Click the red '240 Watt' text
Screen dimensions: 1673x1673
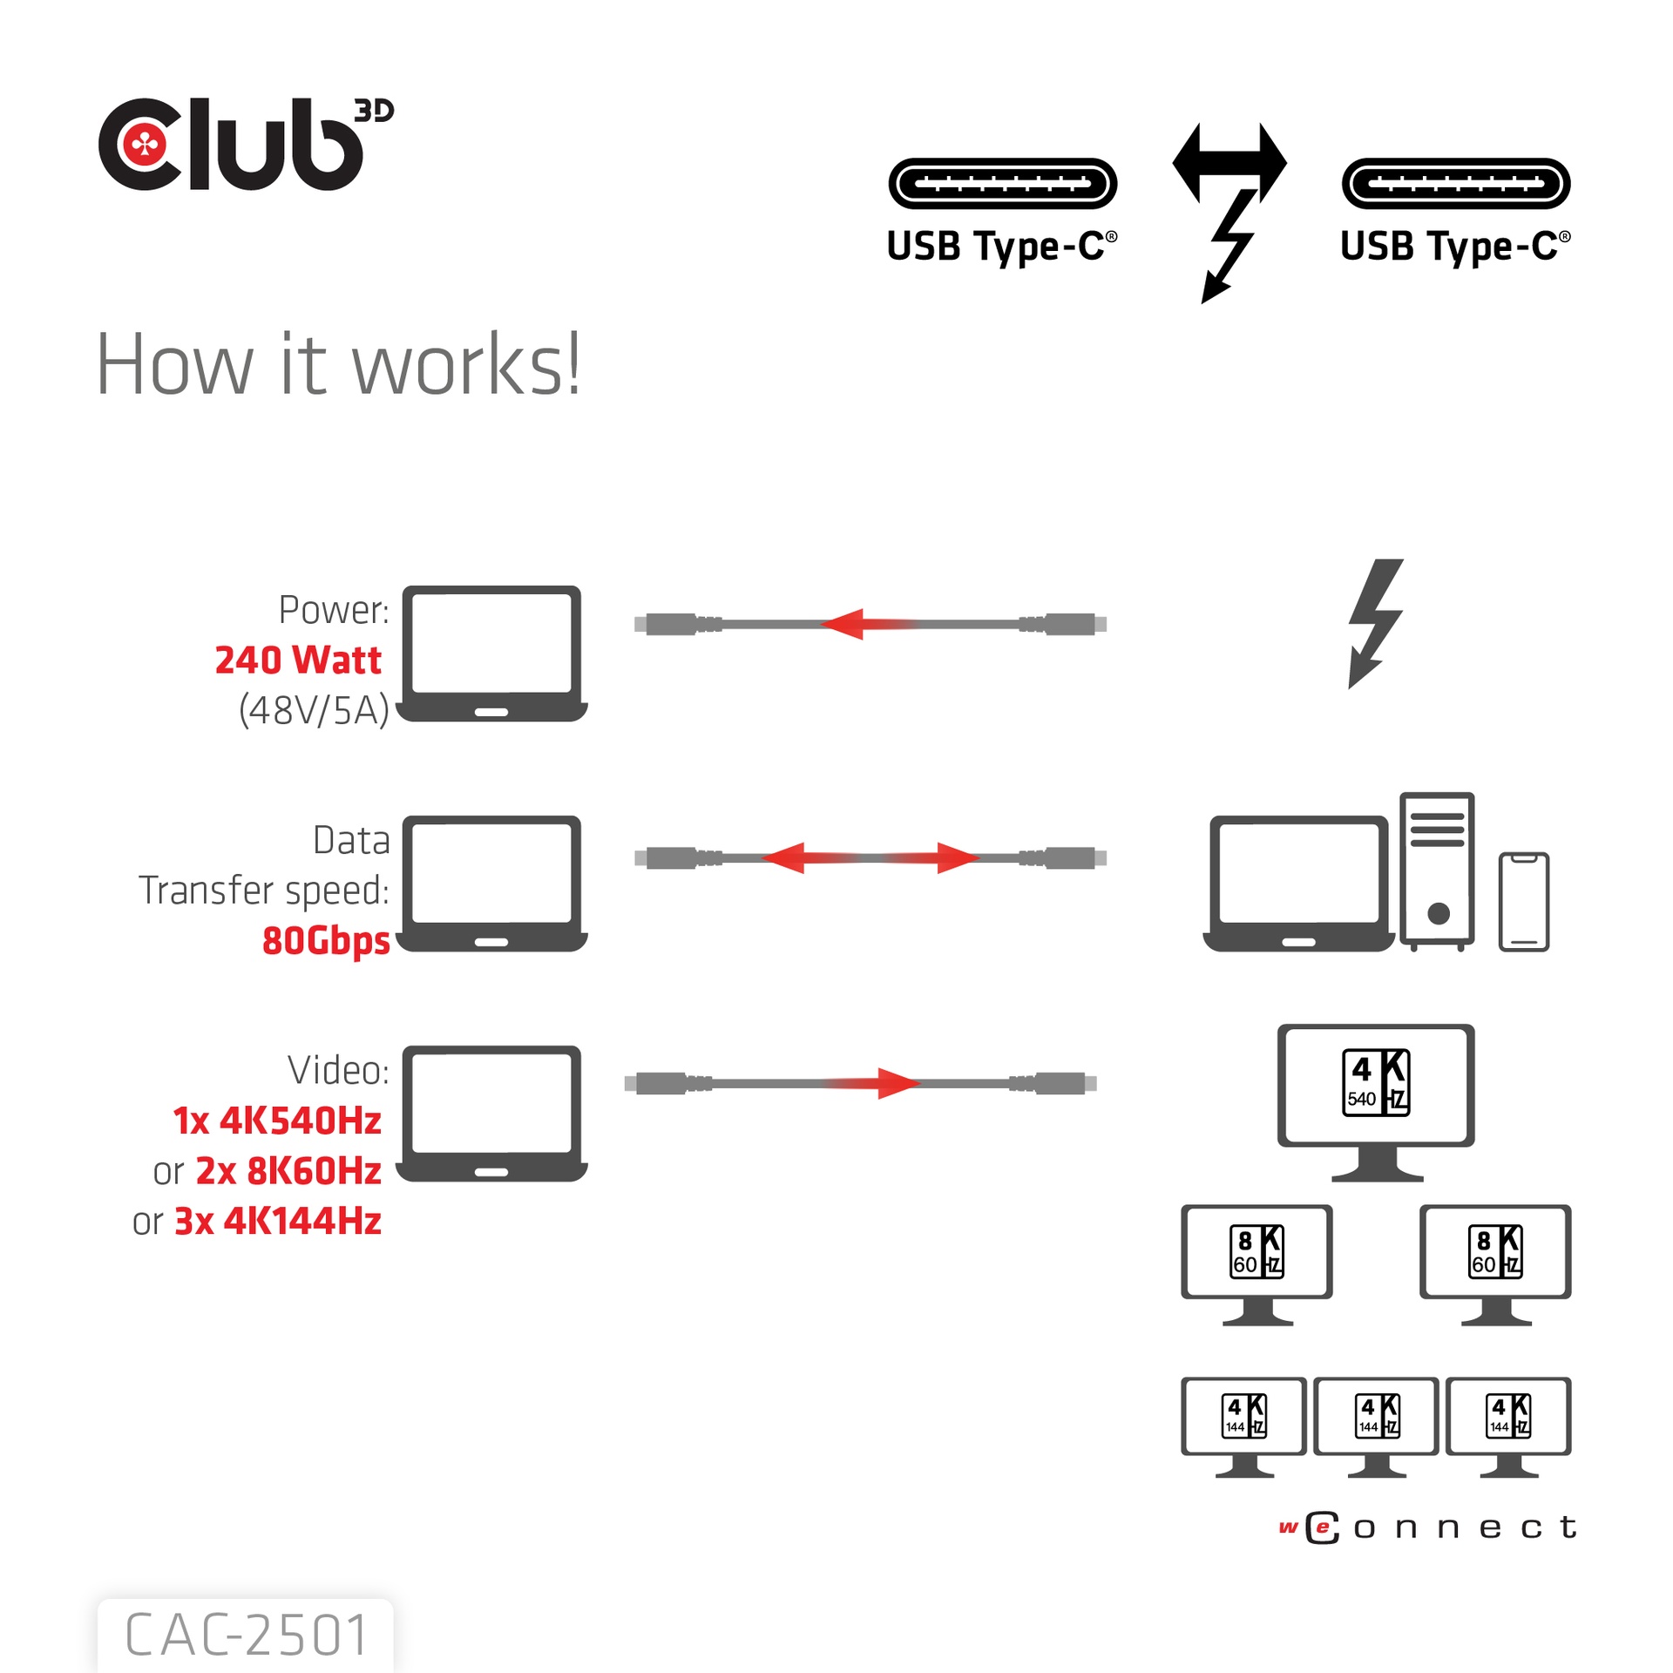(298, 660)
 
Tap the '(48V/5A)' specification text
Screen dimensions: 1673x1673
(314, 710)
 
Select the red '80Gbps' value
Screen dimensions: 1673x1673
(326, 940)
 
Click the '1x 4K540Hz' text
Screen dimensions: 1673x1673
(277, 1121)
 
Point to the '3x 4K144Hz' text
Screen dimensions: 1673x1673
(277, 1222)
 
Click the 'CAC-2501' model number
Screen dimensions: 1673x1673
(247, 1635)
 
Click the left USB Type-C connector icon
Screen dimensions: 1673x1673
(1002, 183)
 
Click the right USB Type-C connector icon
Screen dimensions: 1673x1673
(1455, 183)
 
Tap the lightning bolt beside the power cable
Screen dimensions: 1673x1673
(1375, 623)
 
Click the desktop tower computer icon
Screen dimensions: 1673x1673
(1437, 870)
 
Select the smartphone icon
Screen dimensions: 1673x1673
(1523, 901)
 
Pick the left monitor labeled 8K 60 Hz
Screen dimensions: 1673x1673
(1256, 1259)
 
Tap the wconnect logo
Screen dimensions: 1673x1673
(1427, 1527)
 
